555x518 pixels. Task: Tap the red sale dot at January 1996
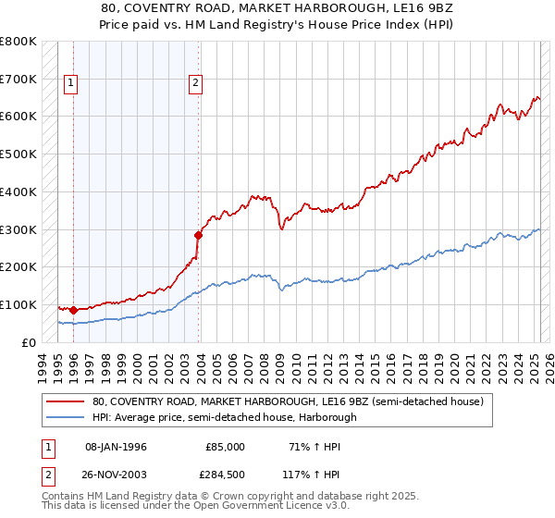point(73,310)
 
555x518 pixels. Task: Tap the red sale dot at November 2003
point(198,234)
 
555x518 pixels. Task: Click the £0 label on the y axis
point(27,342)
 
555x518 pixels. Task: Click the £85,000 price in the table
point(226,447)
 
